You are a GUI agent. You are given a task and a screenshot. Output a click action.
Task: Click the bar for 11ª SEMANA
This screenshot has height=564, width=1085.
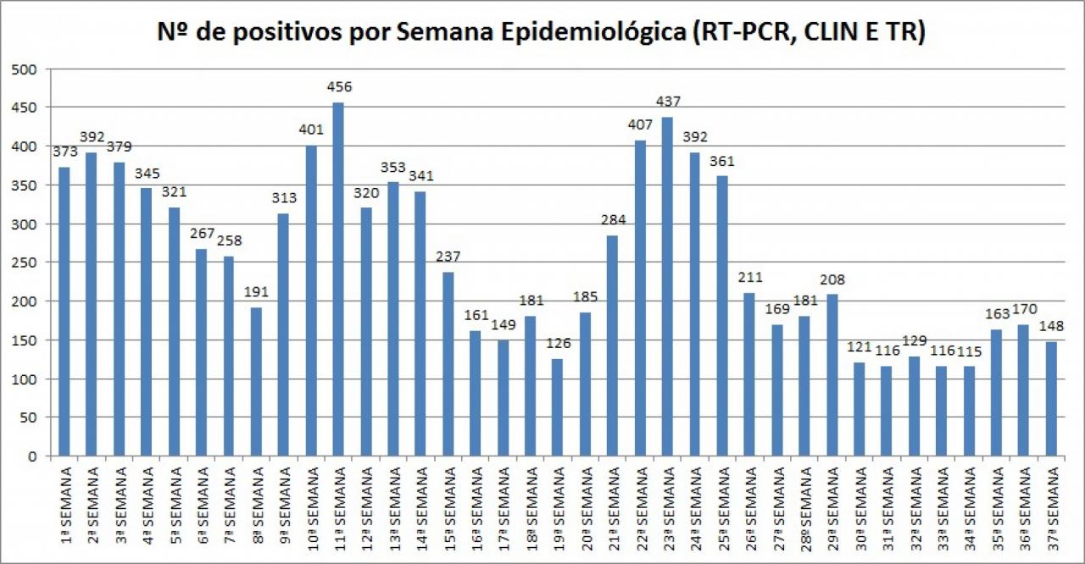coord(338,279)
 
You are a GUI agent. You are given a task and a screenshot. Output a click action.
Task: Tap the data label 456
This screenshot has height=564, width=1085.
coord(339,86)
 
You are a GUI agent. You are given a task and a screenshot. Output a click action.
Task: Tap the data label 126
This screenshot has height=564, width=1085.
coord(558,344)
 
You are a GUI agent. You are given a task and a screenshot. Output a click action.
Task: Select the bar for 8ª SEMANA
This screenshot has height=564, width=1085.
coord(256,382)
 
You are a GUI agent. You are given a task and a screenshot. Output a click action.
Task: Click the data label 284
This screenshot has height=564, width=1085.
coord(613,220)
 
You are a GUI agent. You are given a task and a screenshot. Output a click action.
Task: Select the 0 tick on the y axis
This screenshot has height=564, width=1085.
coord(34,456)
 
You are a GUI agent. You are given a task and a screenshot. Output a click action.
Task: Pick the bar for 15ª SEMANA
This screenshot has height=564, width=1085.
coord(448,364)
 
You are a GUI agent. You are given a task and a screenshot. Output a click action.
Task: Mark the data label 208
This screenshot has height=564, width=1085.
coord(832,279)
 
